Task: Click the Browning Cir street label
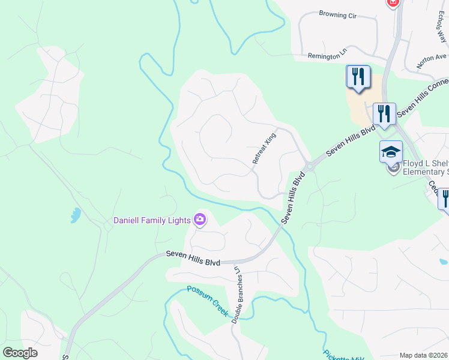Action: [338, 14]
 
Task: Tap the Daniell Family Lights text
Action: [152, 220]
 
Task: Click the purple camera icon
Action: [200, 221]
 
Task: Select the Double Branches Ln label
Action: [236, 293]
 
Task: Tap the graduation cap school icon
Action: [391, 152]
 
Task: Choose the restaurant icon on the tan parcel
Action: [358, 77]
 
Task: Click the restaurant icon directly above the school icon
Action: [384, 113]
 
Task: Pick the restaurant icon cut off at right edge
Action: [445, 198]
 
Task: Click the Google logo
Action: [20, 353]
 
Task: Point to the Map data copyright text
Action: [423, 355]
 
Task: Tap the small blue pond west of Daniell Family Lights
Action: [74, 215]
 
